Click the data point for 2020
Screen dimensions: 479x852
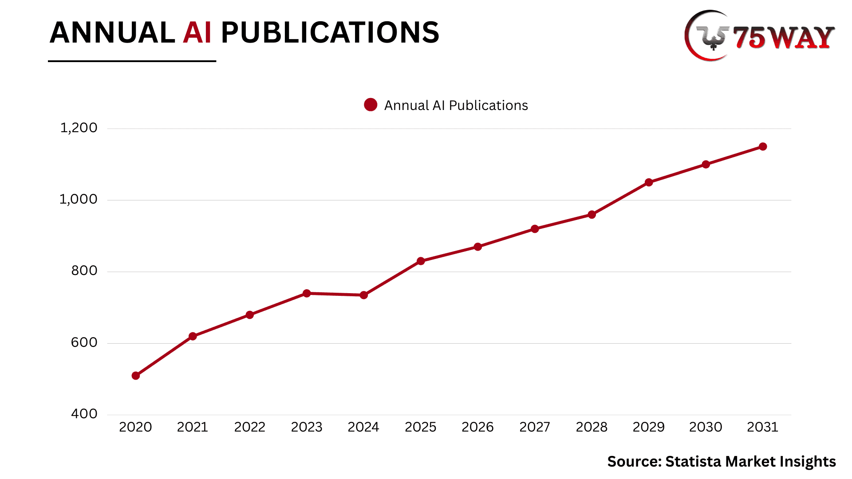tap(136, 376)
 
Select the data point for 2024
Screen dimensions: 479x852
tap(364, 295)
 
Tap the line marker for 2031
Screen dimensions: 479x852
tap(763, 147)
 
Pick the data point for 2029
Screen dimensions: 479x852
tap(649, 182)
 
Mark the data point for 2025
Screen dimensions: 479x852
tap(421, 261)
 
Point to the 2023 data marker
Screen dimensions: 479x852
tap(307, 293)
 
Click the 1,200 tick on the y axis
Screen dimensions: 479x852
tap(79, 128)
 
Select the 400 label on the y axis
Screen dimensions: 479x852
tap(84, 414)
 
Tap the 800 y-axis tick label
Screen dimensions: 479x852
tap(84, 271)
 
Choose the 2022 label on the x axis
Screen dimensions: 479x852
tap(250, 427)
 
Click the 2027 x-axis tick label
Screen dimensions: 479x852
tap(535, 427)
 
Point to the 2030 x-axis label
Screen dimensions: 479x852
tap(706, 427)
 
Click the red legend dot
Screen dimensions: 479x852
tap(371, 105)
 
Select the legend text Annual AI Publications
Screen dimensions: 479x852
tap(456, 106)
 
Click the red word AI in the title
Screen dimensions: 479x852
tap(197, 33)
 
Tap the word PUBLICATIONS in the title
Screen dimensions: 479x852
tap(330, 33)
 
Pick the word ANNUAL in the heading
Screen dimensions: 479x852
tap(112, 33)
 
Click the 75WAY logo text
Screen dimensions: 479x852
tap(783, 37)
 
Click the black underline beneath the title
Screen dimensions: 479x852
tap(132, 61)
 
